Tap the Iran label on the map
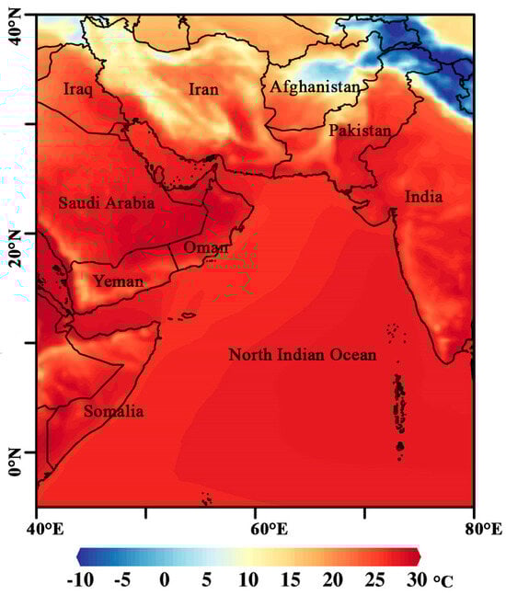click(205, 89)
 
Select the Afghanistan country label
click(314, 87)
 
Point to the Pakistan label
click(360, 131)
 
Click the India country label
click(423, 197)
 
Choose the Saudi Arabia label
click(106, 202)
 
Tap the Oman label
click(202, 248)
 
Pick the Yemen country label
click(117, 281)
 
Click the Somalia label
click(113, 411)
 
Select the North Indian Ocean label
click(303, 354)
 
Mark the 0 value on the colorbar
click(164, 580)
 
